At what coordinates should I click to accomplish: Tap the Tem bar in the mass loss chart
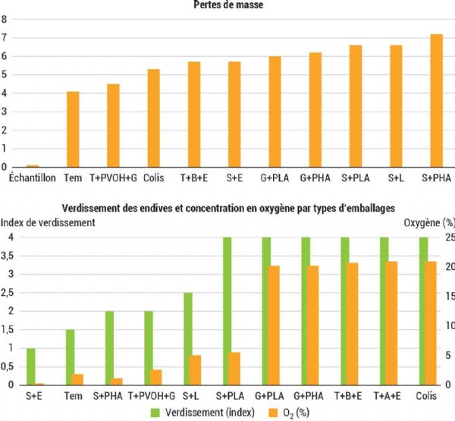73,129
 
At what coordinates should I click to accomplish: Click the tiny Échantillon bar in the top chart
33,165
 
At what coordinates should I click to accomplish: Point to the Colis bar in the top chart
154,118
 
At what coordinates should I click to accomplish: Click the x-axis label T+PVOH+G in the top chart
113,178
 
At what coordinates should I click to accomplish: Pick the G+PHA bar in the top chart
315,110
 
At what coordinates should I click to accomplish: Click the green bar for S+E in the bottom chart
30,366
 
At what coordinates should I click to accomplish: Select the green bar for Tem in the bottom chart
70,357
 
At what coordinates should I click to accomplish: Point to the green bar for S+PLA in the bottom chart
227,311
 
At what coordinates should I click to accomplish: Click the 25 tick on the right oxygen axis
448,237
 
